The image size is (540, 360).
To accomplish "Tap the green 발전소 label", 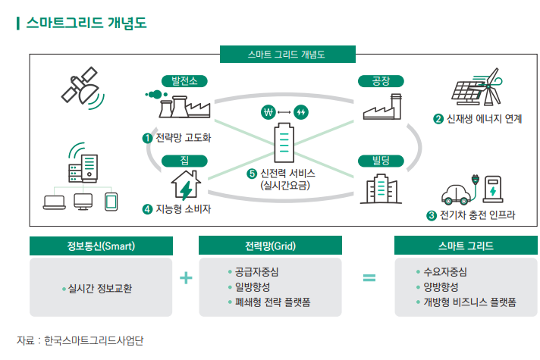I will click(x=184, y=81).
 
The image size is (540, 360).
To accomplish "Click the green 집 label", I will click(x=184, y=160).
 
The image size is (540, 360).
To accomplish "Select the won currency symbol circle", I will click(x=266, y=112).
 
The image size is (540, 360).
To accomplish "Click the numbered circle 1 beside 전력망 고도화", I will click(x=147, y=138).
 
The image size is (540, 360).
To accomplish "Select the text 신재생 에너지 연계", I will click(x=483, y=119).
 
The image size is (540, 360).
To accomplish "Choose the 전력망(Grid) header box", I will click(x=269, y=246).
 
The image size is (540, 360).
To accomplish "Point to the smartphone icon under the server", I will click(x=111, y=201).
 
